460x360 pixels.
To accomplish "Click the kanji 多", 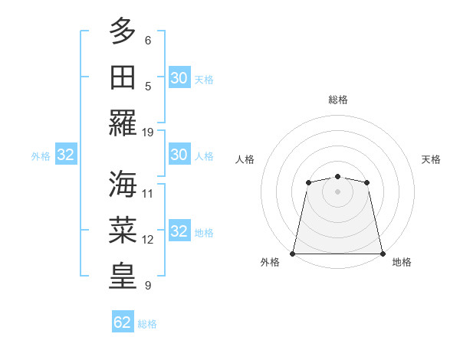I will click(x=123, y=32).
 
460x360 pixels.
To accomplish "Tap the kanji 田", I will click(x=123, y=77).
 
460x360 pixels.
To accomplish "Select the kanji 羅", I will click(x=123, y=123).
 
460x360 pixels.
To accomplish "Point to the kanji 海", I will click(x=123, y=185).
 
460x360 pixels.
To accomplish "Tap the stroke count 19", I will click(x=148, y=132).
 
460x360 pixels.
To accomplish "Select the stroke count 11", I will click(x=148, y=194).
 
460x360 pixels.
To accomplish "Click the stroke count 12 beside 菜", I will click(x=148, y=240).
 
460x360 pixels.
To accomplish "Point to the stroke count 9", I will click(x=147, y=286).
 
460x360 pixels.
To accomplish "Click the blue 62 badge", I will click(x=123, y=322).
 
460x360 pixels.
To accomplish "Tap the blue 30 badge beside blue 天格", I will click(x=179, y=78).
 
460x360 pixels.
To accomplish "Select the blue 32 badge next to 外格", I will click(x=66, y=155).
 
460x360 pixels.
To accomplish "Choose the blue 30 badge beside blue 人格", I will click(x=179, y=155).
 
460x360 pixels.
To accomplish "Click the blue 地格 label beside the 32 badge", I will click(x=204, y=233).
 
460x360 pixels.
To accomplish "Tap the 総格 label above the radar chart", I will click(x=337, y=100).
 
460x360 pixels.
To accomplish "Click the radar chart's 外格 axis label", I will click(x=270, y=263).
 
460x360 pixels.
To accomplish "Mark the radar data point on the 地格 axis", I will click(x=382, y=254).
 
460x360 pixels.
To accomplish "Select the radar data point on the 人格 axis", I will click(x=308, y=182).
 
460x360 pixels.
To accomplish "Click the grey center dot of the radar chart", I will click(x=337, y=191).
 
